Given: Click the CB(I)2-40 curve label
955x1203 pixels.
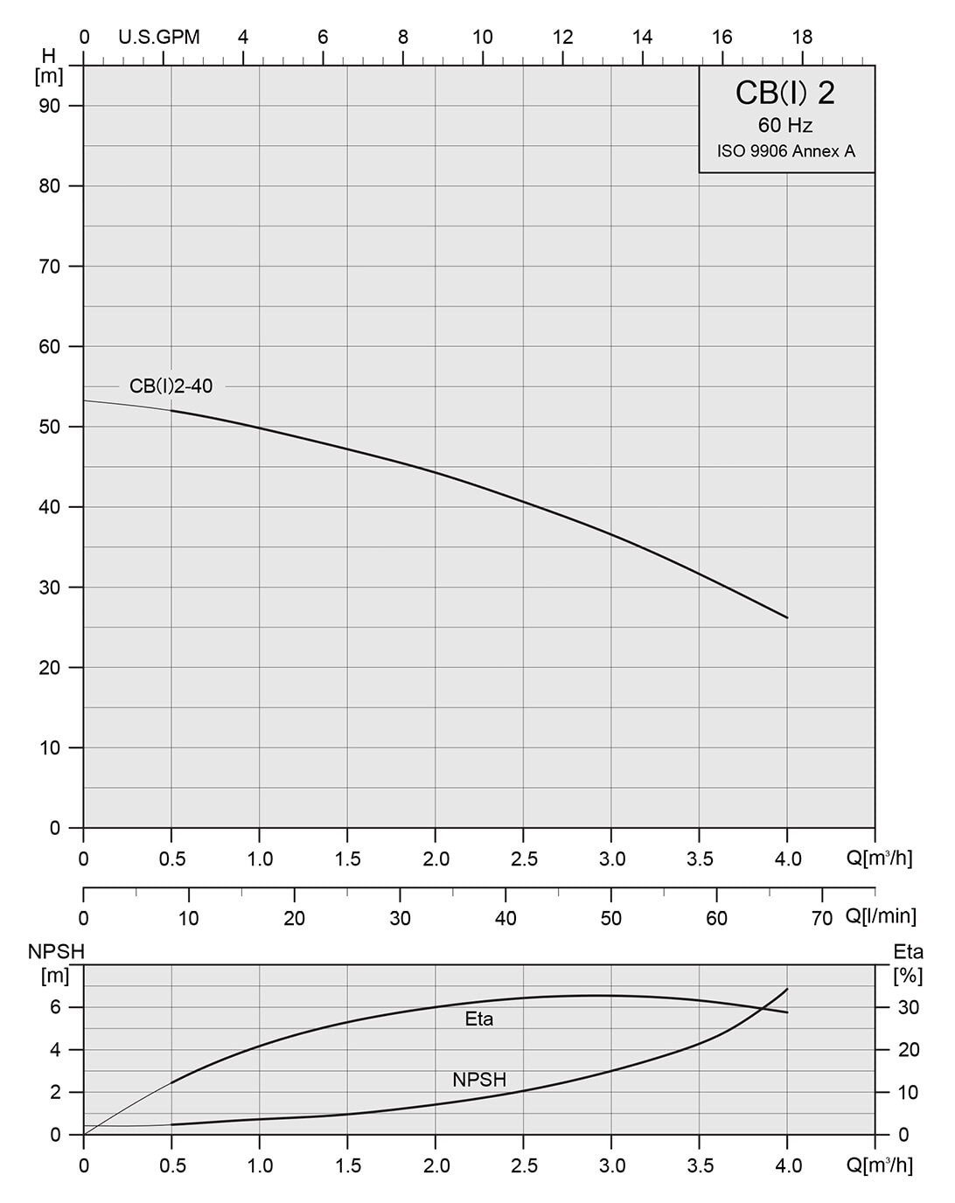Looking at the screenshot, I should [x=171, y=386].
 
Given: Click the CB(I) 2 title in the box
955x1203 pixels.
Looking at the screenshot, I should [x=785, y=94].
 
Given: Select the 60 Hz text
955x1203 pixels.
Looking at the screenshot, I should [x=785, y=126].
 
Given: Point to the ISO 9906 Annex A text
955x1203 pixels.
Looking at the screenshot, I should [x=785, y=151].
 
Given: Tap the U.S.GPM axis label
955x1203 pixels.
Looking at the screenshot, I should [x=159, y=37].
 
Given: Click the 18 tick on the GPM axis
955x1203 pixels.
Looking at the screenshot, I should [x=802, y=37].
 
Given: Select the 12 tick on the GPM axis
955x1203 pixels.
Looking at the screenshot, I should [x=562, y=37].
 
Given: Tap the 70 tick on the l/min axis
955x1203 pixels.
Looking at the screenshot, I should [x=821, y=918].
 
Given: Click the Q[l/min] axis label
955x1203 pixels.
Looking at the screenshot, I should [x=881, y=916].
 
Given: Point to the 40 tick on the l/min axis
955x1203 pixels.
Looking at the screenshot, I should [x=505, y=918].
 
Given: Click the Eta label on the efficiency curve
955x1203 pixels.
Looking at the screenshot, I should [x=479, y=1019].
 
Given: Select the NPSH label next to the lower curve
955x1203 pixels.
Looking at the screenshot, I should [x=479, y=1080].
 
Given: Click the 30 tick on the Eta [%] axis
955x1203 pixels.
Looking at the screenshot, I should [x=910, y=1007].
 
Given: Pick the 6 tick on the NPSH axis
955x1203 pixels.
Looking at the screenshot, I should [x=54, y=1007].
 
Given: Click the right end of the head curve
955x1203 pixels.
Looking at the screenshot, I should [x=787, y=617].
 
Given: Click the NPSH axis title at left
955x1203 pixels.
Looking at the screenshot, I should [x=55, y=952].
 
